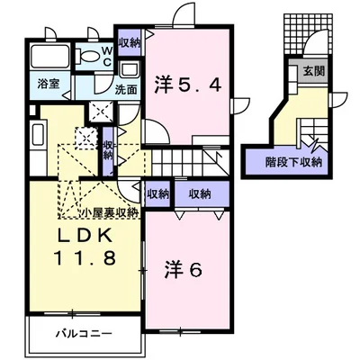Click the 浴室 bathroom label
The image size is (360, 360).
click(x=48, y=83)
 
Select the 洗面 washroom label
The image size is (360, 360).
click(x=125, y=90)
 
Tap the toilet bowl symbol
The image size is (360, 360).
click(x=88, y=57)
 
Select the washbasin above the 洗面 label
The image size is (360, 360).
click(x=129, y=70)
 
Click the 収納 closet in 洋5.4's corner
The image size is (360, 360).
click(x=129, y=41)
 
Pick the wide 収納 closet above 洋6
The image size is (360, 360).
click(x=200, y=193)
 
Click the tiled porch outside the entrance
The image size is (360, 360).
click(x=300, y=33)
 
